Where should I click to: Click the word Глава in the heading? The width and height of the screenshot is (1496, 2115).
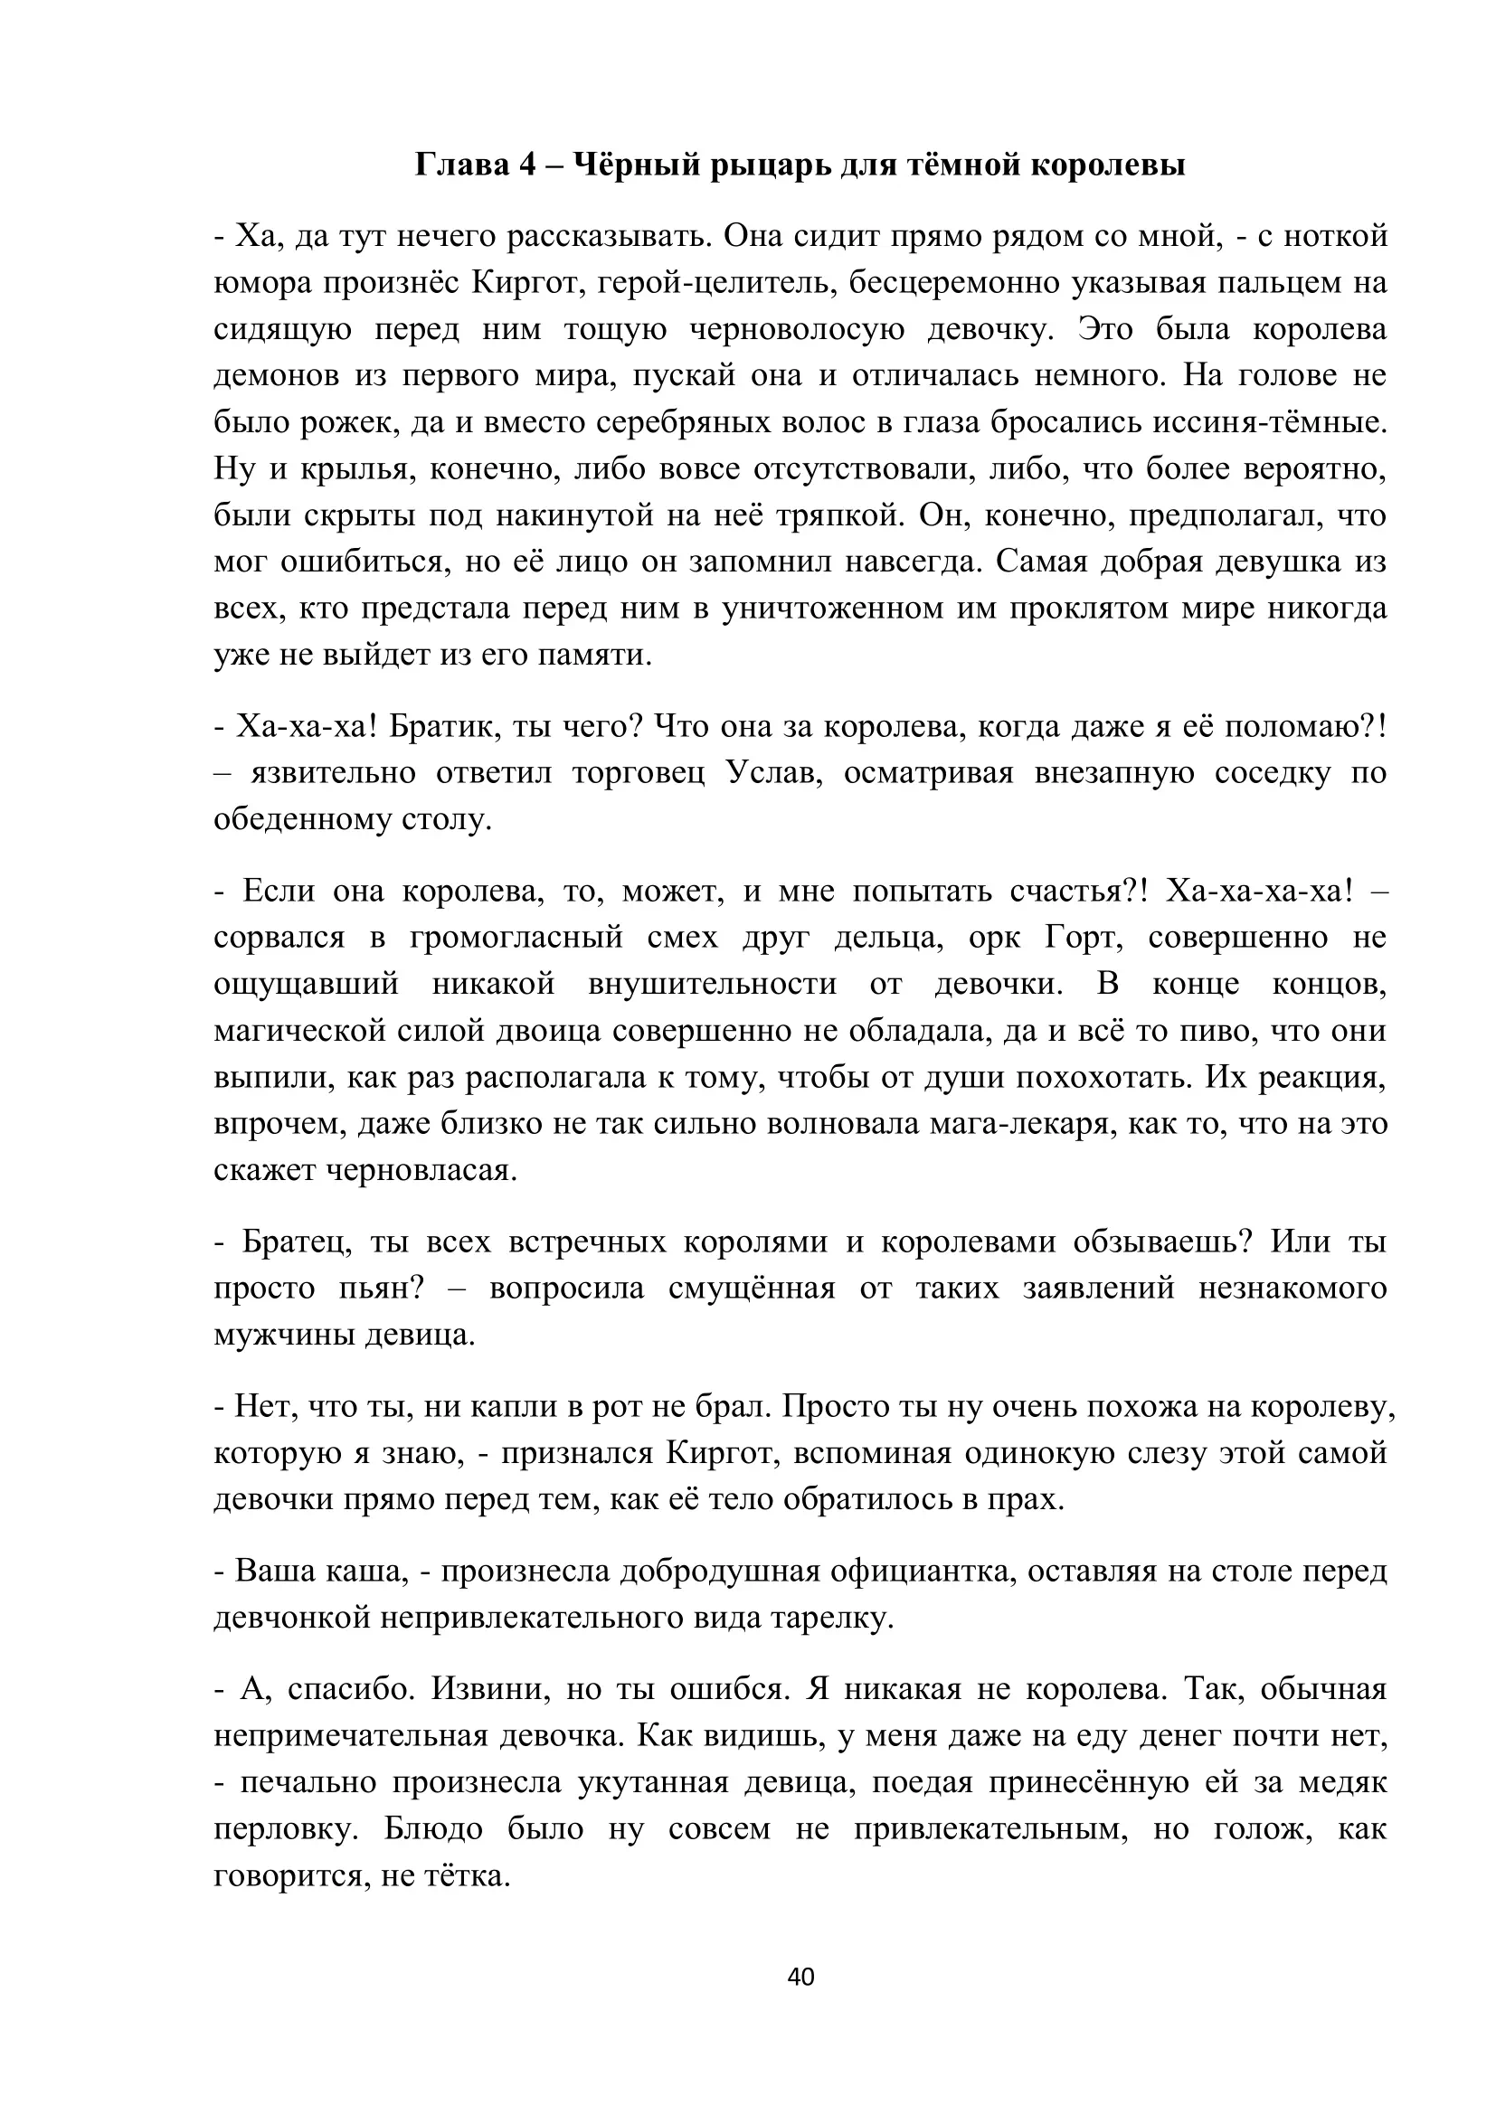tap(459, 165)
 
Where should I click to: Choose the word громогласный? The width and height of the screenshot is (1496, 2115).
tap(516, 937)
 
